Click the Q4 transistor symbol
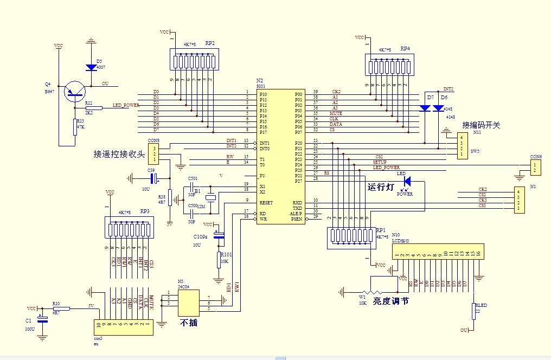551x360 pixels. click(74, 91)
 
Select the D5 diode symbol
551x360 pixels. click(91, 67)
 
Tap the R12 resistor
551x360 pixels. click(94, 108)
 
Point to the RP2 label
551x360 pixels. click(209, 43)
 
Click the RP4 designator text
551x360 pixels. click(405, 48)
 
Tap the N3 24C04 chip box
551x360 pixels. click(187, 301)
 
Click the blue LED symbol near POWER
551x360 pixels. click(407, 181)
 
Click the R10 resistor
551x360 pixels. click(61, 309)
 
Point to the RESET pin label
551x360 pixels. click(266, 202)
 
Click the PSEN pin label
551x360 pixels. click(296, 219)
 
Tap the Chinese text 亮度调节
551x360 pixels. click(390, 301)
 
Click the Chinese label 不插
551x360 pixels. click(189, 322)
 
